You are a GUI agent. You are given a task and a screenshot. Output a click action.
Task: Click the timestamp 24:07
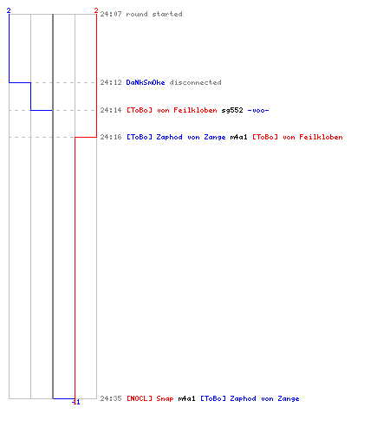111,14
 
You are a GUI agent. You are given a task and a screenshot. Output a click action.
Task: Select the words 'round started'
154,14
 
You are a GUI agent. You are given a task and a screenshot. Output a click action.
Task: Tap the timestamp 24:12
111,82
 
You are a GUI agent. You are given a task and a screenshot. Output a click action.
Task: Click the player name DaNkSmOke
146,82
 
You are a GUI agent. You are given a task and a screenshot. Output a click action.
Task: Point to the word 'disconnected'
196,82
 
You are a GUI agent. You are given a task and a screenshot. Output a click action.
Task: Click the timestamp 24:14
111,110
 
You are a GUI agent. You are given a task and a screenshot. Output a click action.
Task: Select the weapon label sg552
232,110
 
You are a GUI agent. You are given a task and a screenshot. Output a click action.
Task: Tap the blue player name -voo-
258,110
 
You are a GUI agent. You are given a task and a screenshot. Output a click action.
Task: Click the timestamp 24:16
111,137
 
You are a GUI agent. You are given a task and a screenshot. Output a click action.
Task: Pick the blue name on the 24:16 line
176,137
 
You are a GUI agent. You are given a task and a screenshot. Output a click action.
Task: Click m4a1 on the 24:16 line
238,137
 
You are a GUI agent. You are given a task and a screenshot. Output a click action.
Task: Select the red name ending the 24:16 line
297,137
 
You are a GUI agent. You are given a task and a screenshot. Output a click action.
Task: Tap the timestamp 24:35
111,398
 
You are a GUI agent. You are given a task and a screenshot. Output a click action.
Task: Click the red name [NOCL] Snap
150,398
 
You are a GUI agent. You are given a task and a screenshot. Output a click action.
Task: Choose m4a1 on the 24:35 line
186,398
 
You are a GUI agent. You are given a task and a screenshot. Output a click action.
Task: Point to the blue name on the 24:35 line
250,398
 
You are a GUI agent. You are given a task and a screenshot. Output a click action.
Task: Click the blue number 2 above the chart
9,10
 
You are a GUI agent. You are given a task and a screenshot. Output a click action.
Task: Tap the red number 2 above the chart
96,10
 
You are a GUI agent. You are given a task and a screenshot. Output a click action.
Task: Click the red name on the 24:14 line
172,110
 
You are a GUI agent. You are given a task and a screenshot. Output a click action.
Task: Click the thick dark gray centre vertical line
53,206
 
